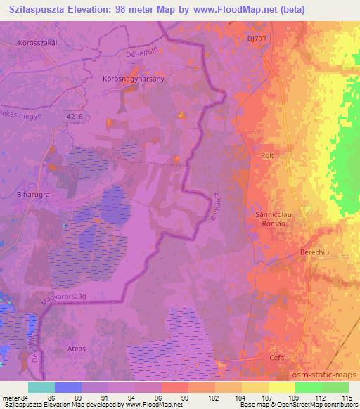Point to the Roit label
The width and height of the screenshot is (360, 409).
click(x=266, y=156)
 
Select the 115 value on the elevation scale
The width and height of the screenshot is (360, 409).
click(x=347, y=398)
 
